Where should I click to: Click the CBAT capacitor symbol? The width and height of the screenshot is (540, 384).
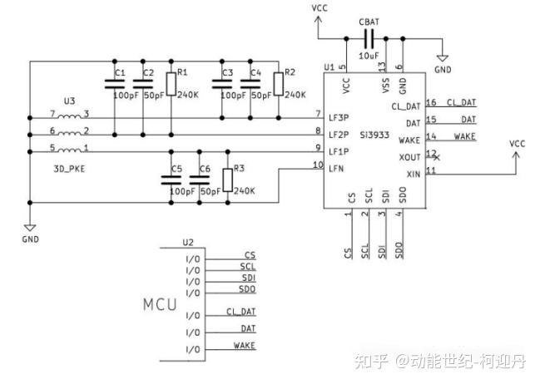click(x=368, y=38)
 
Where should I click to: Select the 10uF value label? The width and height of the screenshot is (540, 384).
click(x=369, y=55)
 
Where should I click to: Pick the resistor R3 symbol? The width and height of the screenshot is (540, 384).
click(x=225, y=179)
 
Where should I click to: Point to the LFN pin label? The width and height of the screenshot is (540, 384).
click(x=336, y=169)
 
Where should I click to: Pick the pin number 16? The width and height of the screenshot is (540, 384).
click(x=430, y=103)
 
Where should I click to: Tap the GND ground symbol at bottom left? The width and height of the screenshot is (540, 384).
click(x=30, y=227)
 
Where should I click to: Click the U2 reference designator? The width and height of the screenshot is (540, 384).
click(x=188, y=243)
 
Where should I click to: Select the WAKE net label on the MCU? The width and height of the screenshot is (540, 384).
click(x=244, y=345)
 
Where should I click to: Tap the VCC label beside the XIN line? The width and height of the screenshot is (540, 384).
click(x=518, y=143)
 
